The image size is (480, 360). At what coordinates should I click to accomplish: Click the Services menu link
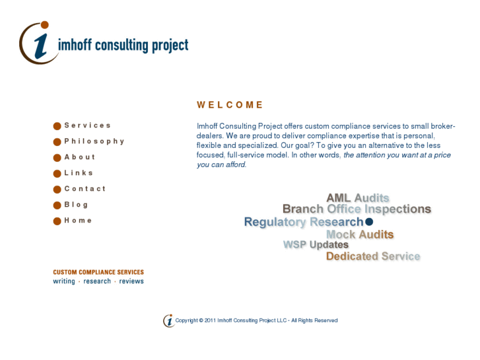click(87, 126)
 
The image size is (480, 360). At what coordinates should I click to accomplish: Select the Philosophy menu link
click(94, 141)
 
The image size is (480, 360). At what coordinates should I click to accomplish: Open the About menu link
click(79, 157)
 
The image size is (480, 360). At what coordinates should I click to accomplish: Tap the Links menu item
click(79, 173)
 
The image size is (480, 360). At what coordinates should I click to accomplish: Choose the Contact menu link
click(85, 189)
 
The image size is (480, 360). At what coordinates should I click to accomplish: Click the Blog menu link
click(76, 205)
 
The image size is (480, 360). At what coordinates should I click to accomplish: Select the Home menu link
click(78, 221)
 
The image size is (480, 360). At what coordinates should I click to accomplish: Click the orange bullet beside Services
click(57, 126)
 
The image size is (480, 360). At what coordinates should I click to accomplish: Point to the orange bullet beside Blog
click(57, 205)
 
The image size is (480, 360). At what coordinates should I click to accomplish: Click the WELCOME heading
click(230, 104)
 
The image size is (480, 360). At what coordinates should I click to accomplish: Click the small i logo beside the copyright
click(169, 320)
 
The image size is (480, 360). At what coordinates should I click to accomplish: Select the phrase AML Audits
click(357, 198)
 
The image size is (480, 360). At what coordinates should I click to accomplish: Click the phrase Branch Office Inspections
click(357, 209)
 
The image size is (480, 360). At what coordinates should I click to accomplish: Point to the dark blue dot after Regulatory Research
click(369, 222)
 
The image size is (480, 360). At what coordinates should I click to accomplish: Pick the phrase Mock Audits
click(360, 234)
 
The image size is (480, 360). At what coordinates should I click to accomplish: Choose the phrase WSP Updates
click(316, 245)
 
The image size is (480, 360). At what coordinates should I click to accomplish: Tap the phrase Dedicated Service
click(373, 256)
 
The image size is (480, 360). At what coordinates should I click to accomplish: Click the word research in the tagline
click(97, 281)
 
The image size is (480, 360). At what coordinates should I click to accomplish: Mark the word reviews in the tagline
click(131, 281)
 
